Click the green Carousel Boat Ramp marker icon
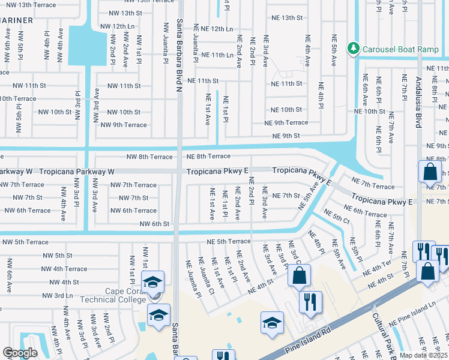[354, 47]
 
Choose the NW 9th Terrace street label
[124, 125]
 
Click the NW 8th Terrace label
[149, 157]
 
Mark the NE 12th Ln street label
[212, 29]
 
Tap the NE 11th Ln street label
[214, 55]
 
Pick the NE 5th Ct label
[336, 219]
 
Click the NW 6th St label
[154, 224]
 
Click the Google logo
[20, 353]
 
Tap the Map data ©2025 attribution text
[423, 355]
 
